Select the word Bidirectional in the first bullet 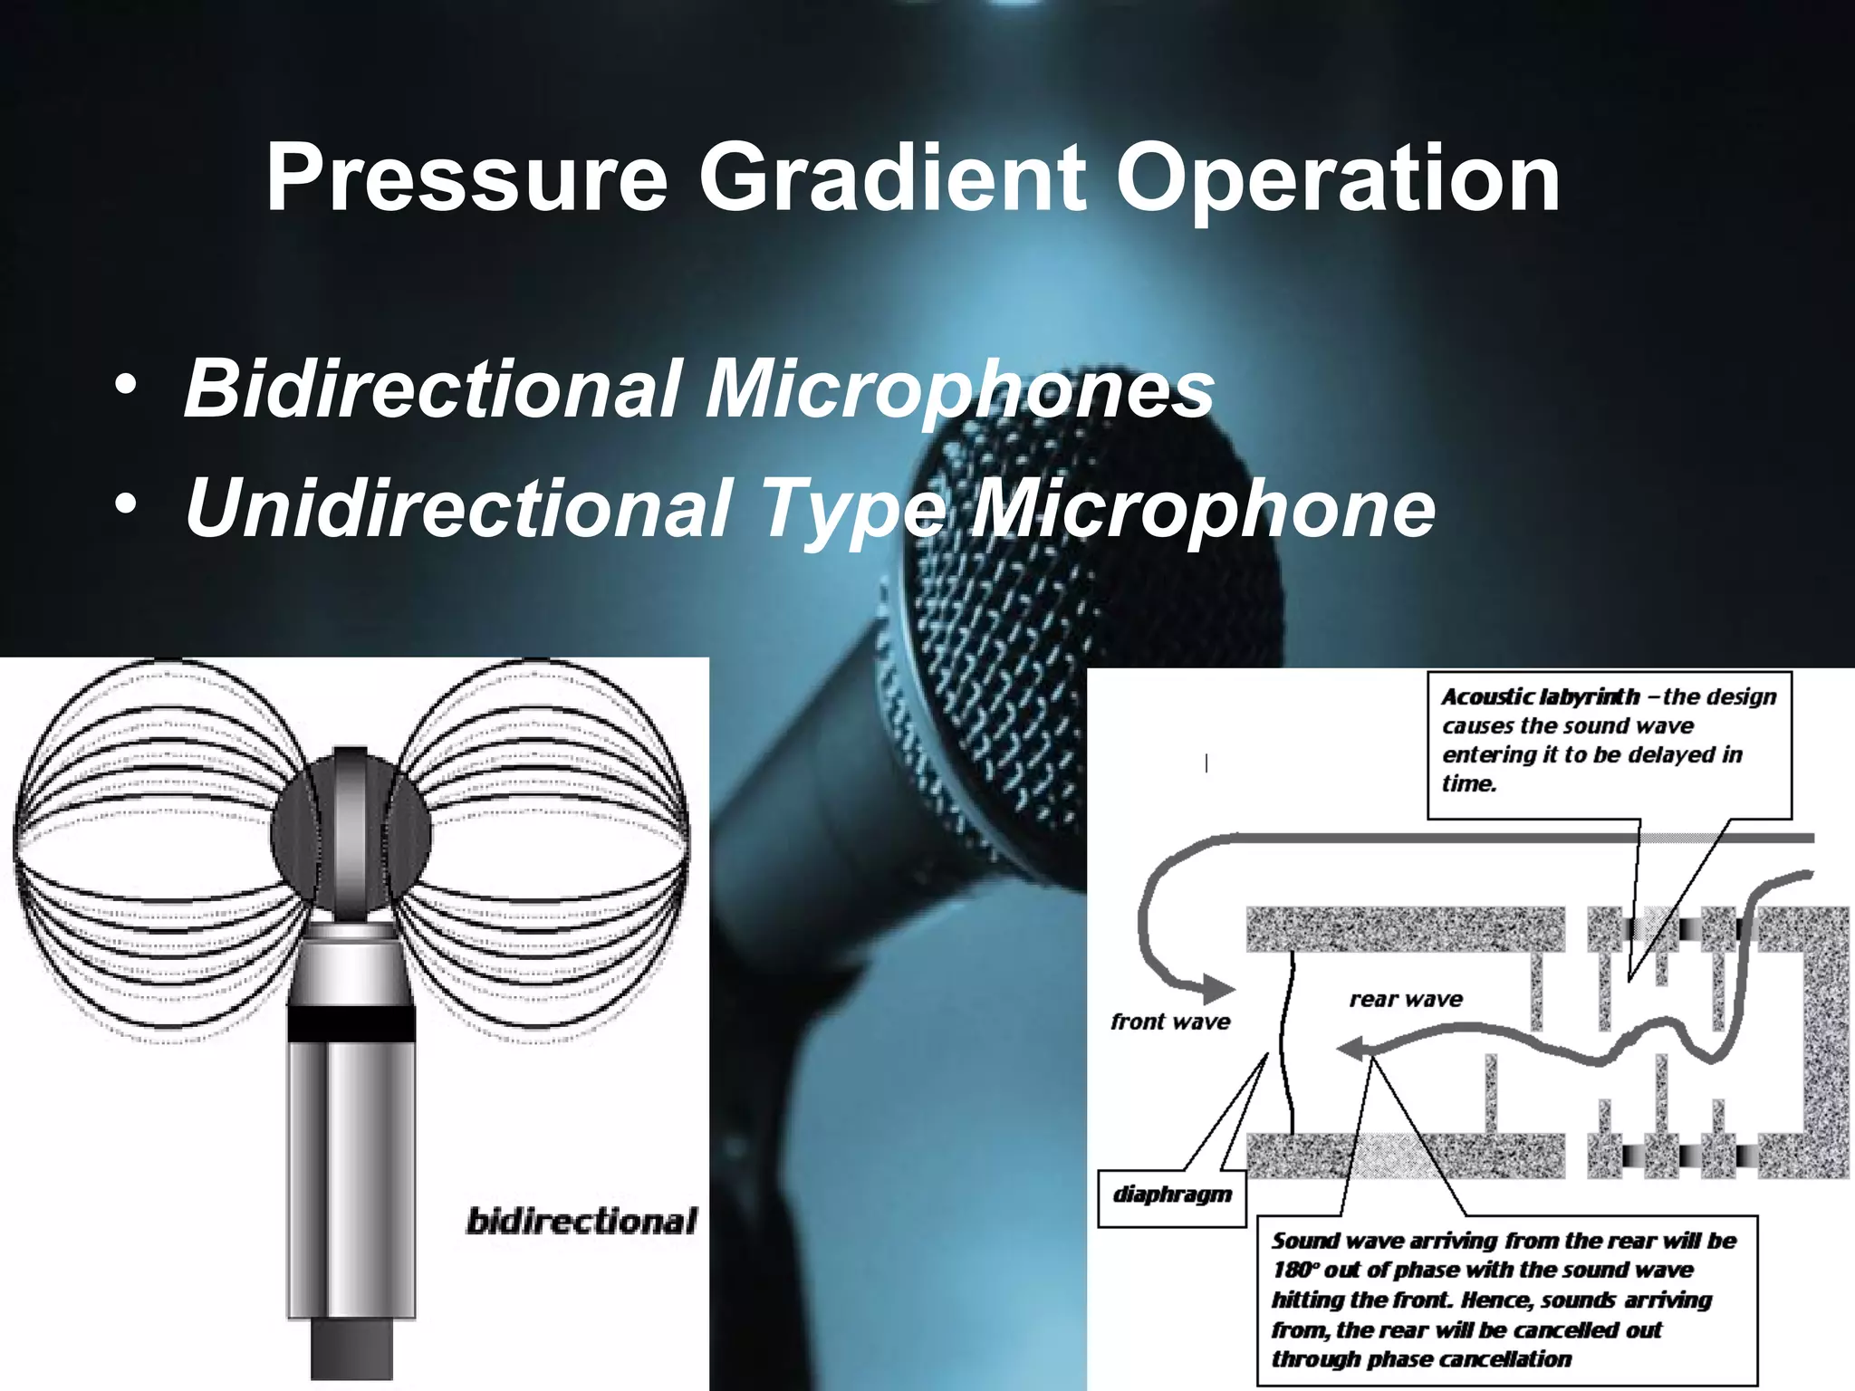431,389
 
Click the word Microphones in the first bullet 959,390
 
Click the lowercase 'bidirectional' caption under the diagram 581,1221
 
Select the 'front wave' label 1170,1022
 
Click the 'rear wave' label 1406,999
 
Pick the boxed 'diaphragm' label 1172,1194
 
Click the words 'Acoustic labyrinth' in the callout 1541,696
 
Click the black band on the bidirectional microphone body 351,1025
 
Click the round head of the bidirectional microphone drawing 351,833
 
